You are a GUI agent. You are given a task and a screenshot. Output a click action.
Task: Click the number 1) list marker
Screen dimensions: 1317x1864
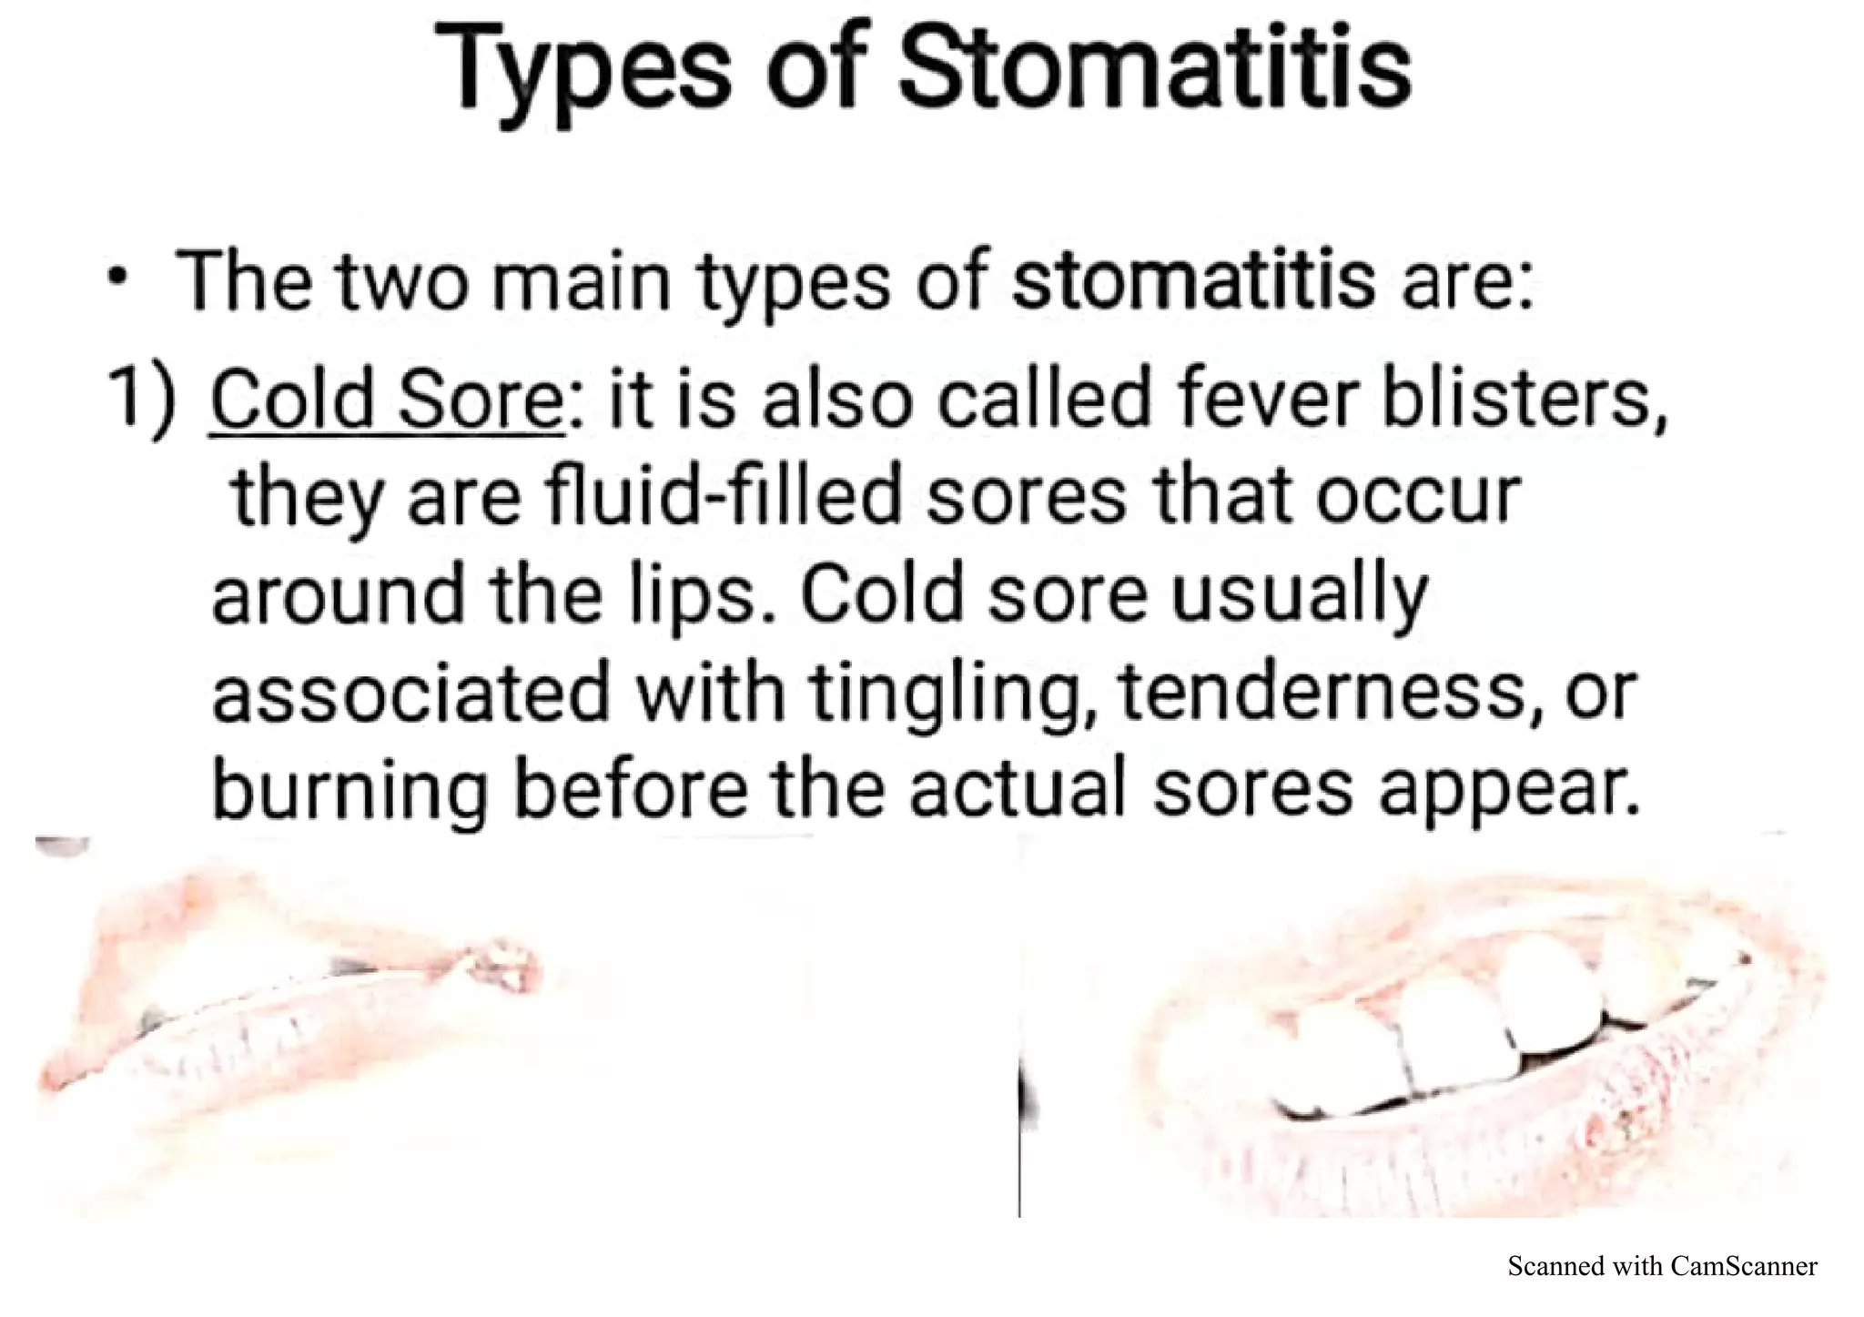(142, 400)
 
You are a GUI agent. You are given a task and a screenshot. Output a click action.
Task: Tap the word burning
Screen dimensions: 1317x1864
(350, 790)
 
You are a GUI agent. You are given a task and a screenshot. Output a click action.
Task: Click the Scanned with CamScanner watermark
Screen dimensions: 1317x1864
(1662, 1265)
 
